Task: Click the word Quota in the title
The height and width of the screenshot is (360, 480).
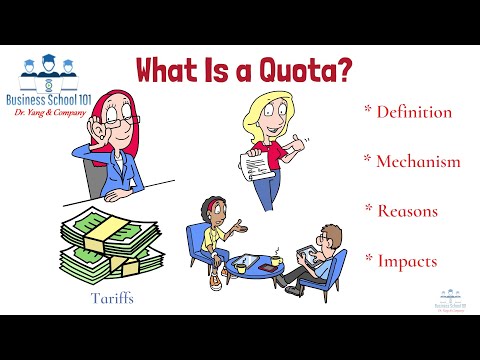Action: pyautogui.click(x=305, y=70)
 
